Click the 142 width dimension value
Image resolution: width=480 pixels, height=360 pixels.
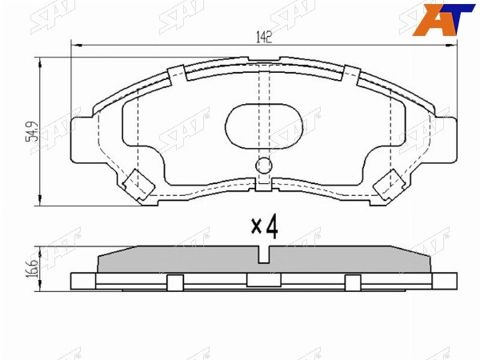click(x=264, y=38)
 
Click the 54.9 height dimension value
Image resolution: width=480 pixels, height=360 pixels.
click(x=32, y=132)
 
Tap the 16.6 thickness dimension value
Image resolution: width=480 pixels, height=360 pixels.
click(x=33, y=269)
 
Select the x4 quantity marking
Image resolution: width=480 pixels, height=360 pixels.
click(x=265, y=226)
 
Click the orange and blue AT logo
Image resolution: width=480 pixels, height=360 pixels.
click(x=443, y=19)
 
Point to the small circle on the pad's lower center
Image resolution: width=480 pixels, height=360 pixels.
click(x=263, y=166)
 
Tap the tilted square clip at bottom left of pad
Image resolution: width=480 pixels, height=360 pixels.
click(x=138, y=184)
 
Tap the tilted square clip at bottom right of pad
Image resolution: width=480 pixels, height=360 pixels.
click(x=390, y=184)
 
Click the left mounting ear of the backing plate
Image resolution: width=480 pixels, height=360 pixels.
click(x=82, y=139)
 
